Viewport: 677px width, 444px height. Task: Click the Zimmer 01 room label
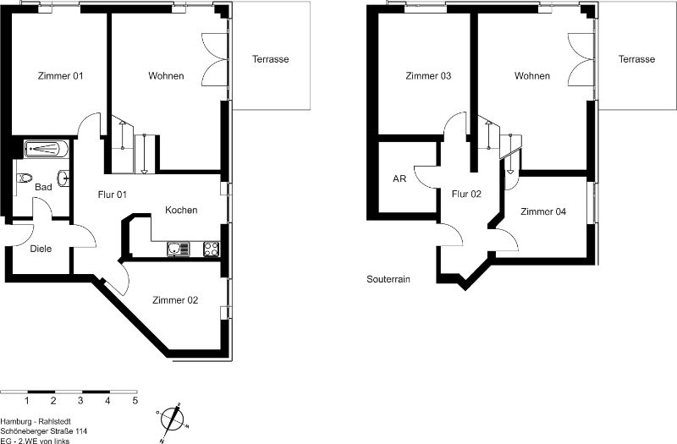[60, 76]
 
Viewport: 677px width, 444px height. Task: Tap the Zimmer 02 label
[175, 300]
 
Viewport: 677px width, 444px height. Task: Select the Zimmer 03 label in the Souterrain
[428, 76]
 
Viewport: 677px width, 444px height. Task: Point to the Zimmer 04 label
[543, 211]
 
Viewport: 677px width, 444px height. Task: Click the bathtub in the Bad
[47, 149]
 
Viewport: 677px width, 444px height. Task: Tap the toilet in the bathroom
[25, 178]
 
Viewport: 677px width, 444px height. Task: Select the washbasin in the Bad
[63, 178]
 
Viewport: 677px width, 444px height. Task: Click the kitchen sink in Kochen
[179, 249]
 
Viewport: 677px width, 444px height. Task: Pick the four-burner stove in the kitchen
[211, 249]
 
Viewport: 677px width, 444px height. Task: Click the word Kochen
[181, 210]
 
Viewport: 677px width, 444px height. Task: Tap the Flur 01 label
[113, 195]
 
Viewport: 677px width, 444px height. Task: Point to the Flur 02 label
[466, 195]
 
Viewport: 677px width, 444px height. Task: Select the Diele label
[41, 249]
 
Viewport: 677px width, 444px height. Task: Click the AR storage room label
[399, 178]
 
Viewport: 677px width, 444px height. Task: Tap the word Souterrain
[388, 279]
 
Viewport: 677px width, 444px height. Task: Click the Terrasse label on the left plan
[270, 59]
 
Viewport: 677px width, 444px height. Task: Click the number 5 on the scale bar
[135, 401]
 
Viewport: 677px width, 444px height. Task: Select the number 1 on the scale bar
[27, 401]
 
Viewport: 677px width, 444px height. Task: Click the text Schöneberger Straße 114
[44, 431]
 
